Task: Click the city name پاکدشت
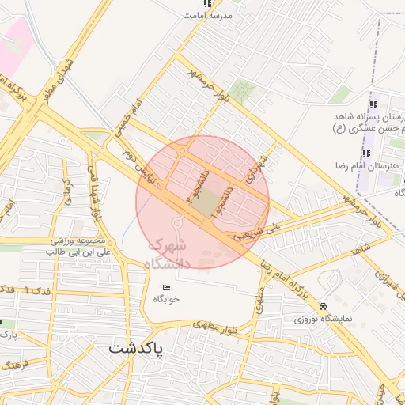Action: click(135, 348)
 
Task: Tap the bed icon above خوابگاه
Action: click(166, 287)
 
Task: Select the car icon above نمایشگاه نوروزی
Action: click(322, 306)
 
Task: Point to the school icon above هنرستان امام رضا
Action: click(366, 153)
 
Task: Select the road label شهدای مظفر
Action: click(62, 74)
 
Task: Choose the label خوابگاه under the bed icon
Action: click(167, 301)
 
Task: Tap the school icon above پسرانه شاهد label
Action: click(373, 104)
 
